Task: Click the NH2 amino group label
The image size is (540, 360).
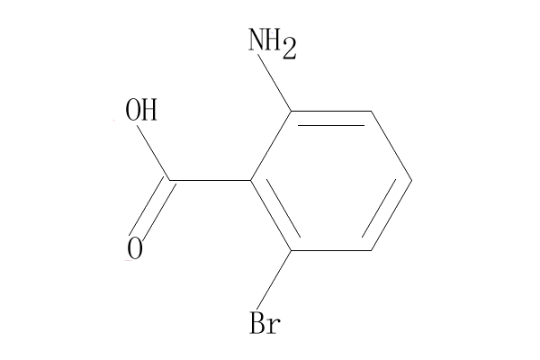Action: [271, 43]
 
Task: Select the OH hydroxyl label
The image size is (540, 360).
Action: [141, 112]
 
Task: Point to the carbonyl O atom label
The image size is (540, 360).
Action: [136, 247]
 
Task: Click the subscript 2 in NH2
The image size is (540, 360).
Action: [288, 50]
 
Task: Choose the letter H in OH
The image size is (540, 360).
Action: [149, 112]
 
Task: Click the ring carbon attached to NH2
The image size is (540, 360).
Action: [290, 112]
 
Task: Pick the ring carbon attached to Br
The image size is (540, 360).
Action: [290, 250]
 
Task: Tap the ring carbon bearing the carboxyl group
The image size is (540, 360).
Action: [250, 181]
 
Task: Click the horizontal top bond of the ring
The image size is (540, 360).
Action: [330, 112]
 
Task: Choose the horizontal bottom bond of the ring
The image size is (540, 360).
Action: [330, 250]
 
